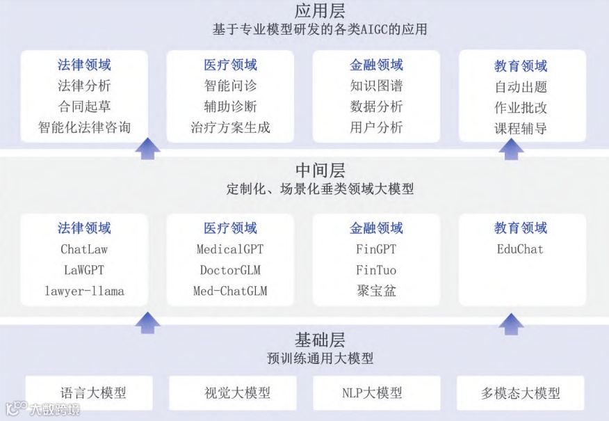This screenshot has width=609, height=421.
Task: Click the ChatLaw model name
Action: pos(84,248)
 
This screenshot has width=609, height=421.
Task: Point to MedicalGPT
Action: pos(230,248)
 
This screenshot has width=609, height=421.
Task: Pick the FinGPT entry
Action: pos(376,248)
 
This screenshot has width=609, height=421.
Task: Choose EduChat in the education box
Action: pos(520,248)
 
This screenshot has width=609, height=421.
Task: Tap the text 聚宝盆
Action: pos(376,291)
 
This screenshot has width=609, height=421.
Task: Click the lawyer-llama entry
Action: pos(84,291)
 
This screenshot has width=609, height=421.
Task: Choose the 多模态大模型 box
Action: pos(520,393)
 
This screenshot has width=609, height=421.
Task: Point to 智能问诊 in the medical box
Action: pos(230,87)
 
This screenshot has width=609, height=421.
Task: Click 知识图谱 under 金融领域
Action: pos(376,87)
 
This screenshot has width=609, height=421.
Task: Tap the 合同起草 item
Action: pos(84,107)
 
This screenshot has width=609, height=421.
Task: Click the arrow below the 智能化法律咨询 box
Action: pos(147,148)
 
